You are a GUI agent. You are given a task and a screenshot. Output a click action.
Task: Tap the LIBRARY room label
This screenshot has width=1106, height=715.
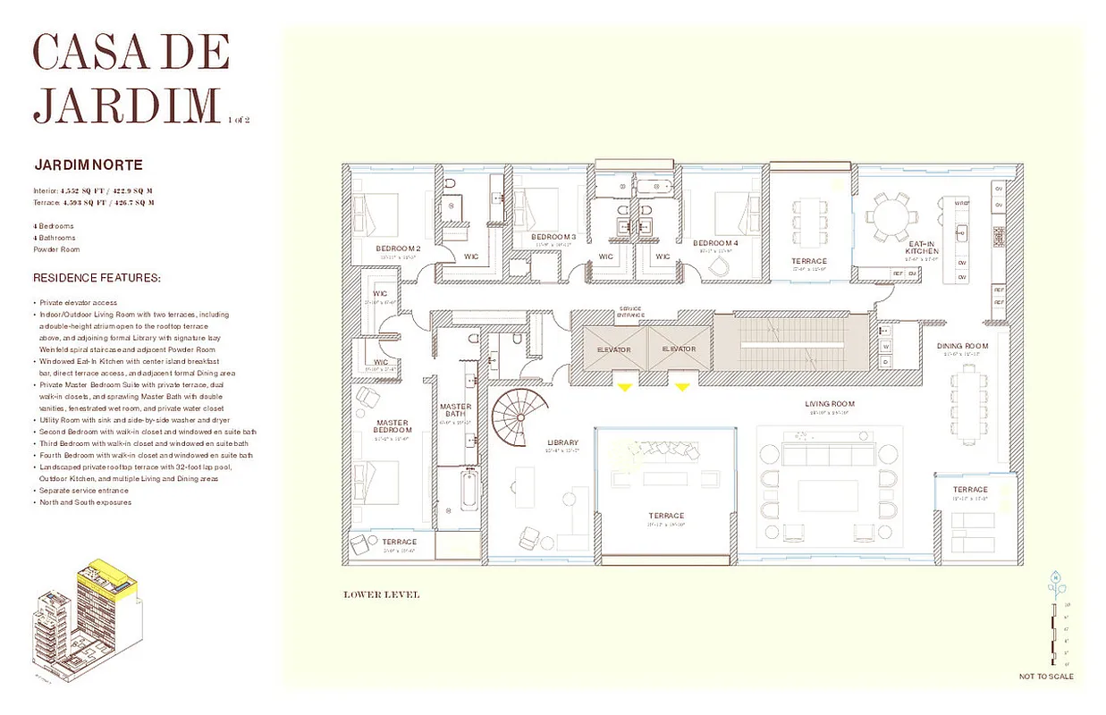point(562,442)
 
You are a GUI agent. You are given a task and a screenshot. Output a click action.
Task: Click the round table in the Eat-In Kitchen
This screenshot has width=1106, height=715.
point(891,217)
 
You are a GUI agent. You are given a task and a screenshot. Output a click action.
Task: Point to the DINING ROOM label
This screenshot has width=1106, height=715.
point(962,346)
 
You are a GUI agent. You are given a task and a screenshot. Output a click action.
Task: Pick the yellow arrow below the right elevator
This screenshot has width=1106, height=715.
point(682,386)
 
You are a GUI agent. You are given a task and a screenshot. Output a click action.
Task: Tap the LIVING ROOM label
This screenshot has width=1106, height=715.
point(831,404)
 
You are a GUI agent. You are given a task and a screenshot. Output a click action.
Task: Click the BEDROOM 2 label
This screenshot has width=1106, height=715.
point(398,248)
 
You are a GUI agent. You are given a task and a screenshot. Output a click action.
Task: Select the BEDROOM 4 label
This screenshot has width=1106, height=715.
point(715,243)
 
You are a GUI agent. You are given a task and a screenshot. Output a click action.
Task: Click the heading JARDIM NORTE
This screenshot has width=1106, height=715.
point(88,165)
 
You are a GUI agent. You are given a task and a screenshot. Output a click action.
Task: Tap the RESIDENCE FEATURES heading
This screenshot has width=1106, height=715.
point(97,279)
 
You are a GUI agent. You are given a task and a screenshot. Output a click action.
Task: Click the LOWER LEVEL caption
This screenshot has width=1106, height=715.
point(381,594)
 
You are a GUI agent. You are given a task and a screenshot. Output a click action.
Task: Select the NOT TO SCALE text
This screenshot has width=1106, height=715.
point(1046,677)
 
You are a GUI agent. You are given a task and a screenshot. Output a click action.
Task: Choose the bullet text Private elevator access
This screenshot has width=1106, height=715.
point(79,303)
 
